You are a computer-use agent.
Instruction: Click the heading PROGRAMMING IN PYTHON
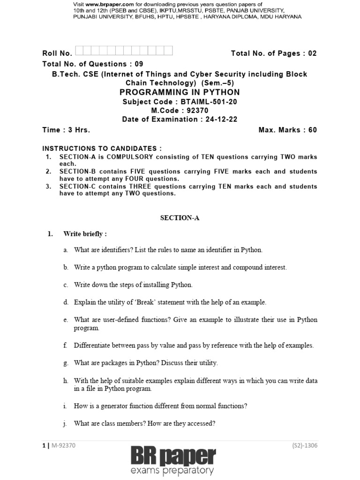(180, 92)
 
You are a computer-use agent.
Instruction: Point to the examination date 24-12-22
(219, 119)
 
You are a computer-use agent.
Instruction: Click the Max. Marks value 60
(312, 130)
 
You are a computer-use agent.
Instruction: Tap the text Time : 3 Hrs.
(66, 130)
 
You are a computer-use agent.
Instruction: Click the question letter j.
(66, 423)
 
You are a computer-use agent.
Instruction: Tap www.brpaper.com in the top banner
(111, 4)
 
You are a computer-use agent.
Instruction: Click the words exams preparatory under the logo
(180, 470)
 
